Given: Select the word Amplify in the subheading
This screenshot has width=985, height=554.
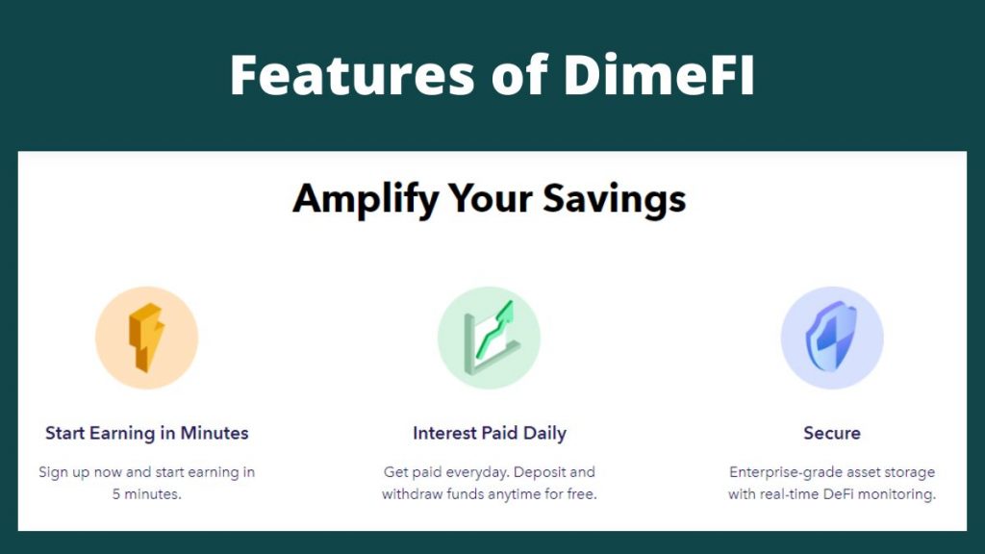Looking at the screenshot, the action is [x=366, y=200].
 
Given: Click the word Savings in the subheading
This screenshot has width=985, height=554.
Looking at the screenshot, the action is [x=614, y=200].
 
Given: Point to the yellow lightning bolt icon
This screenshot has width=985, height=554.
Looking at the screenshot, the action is [x=146, y=338].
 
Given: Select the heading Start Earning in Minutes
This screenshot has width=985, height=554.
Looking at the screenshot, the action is [x=147, y=433].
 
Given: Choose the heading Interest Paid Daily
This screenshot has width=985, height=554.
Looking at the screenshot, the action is [x=490, y=433].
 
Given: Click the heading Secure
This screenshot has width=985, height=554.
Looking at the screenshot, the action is [x=832, y=433].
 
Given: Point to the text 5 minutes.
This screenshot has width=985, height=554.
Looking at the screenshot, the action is [x=147, y=494].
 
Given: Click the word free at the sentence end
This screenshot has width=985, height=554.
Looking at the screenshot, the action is [x=582, y=494].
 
